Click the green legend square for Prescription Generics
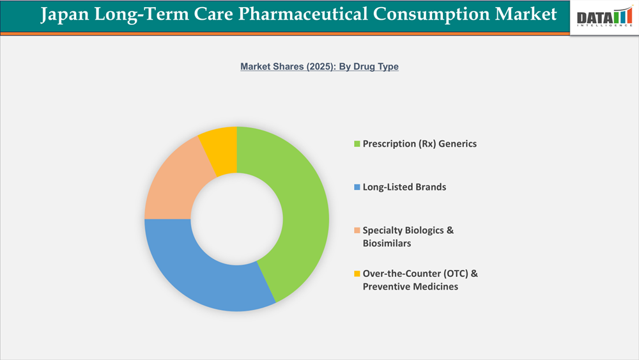(357, 144)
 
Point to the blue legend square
(357, 187)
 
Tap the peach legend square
(357, 230)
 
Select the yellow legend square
(357, 274)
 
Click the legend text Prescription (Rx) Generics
(419, 144)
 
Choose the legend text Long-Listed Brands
(404, 187)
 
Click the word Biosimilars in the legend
(387, 244)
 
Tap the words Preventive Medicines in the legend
(410, 286)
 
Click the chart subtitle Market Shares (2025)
(287, 67)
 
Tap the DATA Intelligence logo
(604, 17)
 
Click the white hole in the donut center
(237, 219)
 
